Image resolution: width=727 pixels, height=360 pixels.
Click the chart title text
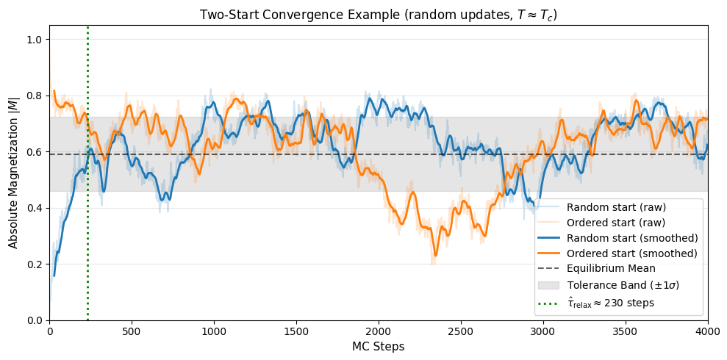[379, 15]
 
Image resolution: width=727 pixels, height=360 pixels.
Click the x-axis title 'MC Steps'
[379, 346]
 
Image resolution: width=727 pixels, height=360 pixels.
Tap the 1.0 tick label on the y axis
[34, 40]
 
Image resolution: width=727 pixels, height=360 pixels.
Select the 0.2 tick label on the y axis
[34, 264]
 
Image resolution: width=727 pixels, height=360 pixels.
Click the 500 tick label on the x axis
[132, 331]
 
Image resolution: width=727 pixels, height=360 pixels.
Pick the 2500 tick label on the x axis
[461, 331]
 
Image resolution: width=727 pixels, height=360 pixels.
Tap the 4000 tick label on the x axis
[707, 331]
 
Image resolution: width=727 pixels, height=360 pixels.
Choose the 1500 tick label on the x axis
[296, 331]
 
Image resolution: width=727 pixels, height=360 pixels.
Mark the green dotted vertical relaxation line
[87, 220]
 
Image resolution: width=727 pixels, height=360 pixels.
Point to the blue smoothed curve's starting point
[54, 276]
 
